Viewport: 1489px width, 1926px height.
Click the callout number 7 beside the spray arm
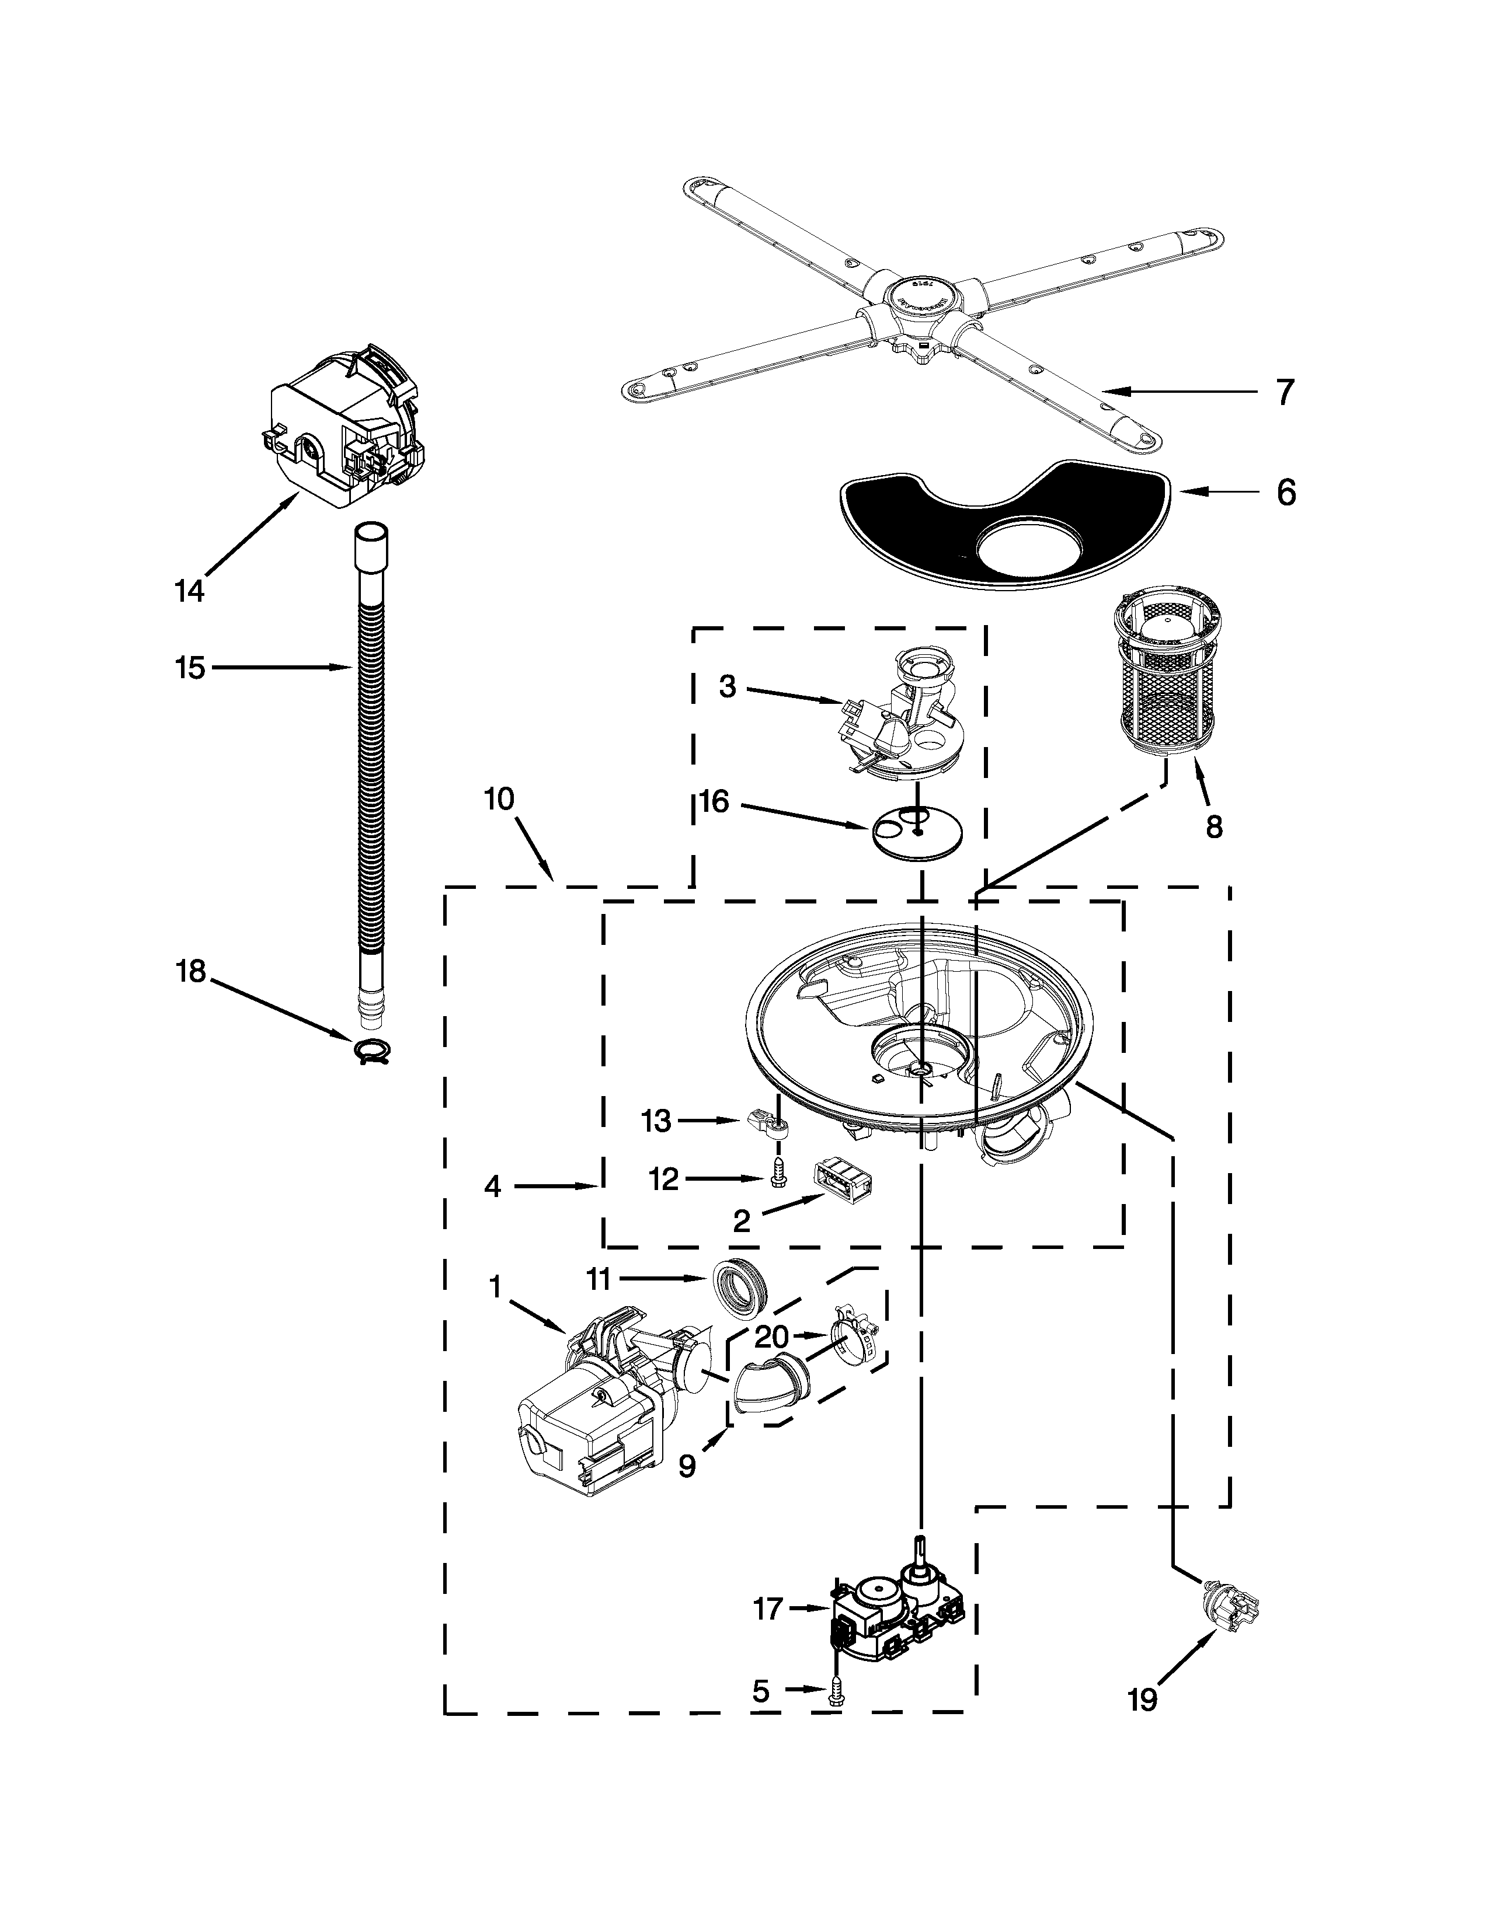coord(1285,392)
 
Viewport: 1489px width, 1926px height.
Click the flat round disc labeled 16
coord(917,831)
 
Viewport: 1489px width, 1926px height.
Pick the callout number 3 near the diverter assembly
coord(727,686)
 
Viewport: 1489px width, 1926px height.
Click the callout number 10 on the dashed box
coord(499,799)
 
